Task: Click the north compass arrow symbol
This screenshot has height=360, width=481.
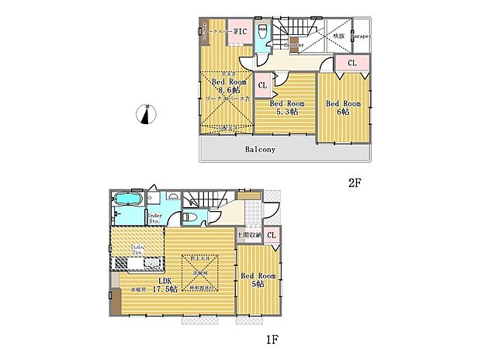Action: click(x=144, y=115)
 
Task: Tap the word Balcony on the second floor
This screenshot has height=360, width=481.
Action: click(x=261, y=150)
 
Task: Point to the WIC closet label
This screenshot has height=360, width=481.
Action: click(x=240, y=32)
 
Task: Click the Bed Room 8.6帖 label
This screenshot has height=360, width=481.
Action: click(x=227, y=85)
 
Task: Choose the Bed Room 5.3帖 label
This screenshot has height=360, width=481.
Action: click(x=287, y=107)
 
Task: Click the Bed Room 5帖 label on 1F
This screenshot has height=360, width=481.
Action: click(x=257, y=280)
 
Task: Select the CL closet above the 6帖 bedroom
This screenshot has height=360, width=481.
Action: click(x=351, y=63)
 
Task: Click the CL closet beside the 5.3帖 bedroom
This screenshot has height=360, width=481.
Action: click(x=262, y=85)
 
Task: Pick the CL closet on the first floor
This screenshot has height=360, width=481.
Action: click(x=272, y=235)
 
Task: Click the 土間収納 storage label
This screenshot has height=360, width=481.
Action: click(x=247, y=235)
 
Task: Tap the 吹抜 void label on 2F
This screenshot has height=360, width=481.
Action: click(x=338, y=36)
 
